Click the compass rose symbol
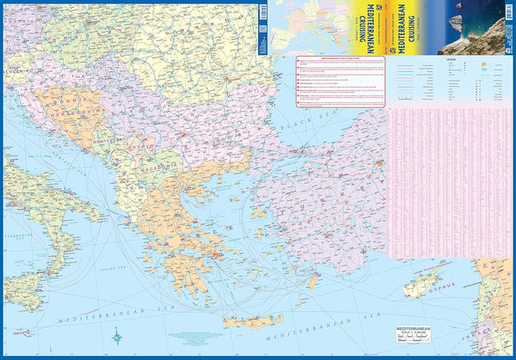click(114, 337)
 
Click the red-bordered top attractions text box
click(341, 81)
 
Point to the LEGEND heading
click(451, 63)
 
